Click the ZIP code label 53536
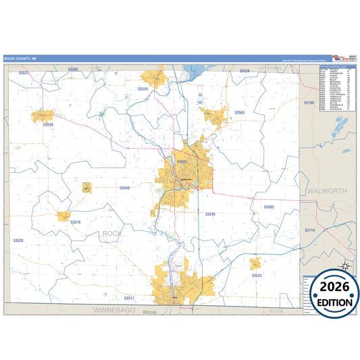point(48,125)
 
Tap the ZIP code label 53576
point(76,222)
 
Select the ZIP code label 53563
point(239,112)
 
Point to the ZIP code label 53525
point(257,276)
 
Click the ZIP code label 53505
point(269,207)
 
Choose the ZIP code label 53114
point(310,230)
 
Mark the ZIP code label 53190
point(309,102)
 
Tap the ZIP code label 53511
point(130,298)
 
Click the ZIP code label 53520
point(18,240)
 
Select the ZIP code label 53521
point(24,72)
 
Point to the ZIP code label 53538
point(244,71)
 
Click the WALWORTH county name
point(326,191)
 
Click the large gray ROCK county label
point(113,234)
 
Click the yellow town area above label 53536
point(43,115)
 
